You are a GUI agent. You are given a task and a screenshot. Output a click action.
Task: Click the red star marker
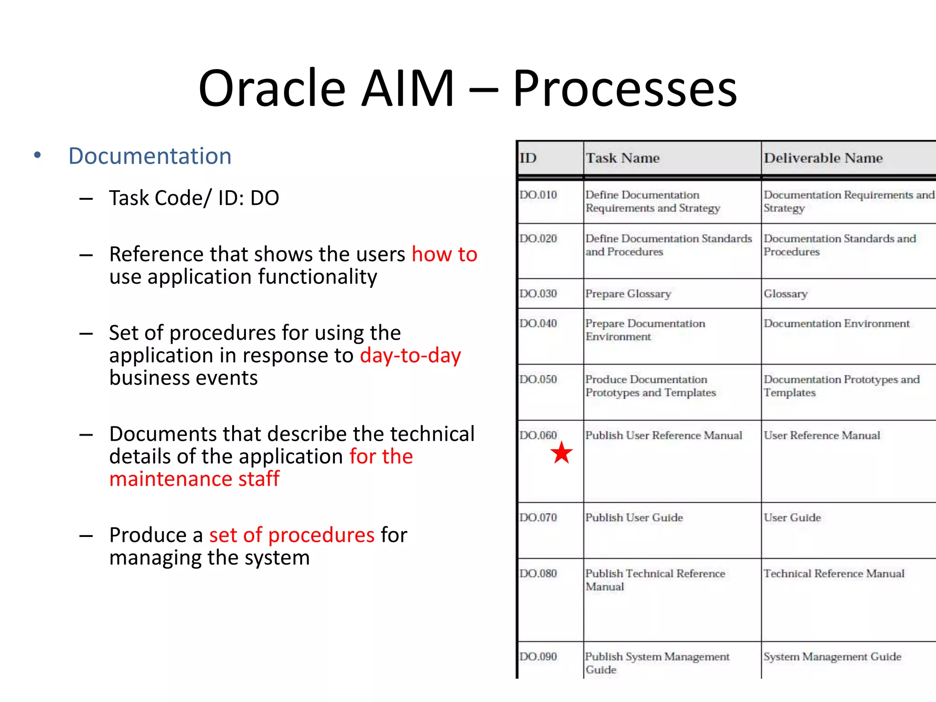561,453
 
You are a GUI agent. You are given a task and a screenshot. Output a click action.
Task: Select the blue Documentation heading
150,156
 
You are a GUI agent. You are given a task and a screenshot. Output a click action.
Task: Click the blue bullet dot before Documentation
37,155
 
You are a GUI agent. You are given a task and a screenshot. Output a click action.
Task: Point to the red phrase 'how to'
444,254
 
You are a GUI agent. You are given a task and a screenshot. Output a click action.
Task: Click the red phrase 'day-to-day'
410,356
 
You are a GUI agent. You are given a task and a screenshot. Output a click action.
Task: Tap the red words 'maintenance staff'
194,479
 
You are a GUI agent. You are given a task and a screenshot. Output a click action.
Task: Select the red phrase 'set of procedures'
292,535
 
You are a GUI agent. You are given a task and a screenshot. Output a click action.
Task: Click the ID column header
528,158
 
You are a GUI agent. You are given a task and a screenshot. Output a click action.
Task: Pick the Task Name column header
622,158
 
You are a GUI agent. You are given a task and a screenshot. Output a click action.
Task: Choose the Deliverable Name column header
823,158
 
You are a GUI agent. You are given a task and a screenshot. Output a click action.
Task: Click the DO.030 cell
538,293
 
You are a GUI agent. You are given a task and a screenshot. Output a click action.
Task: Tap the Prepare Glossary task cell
628,293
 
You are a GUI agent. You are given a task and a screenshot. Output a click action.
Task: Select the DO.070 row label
538,517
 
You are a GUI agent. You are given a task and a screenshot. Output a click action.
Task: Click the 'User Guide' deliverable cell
792,517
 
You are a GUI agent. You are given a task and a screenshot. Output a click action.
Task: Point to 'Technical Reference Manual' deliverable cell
834,574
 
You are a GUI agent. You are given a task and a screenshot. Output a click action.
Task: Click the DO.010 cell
538,195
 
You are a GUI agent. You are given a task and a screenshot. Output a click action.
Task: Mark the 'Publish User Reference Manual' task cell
664,435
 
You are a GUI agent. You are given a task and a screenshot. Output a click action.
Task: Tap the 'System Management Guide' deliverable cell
832,657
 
